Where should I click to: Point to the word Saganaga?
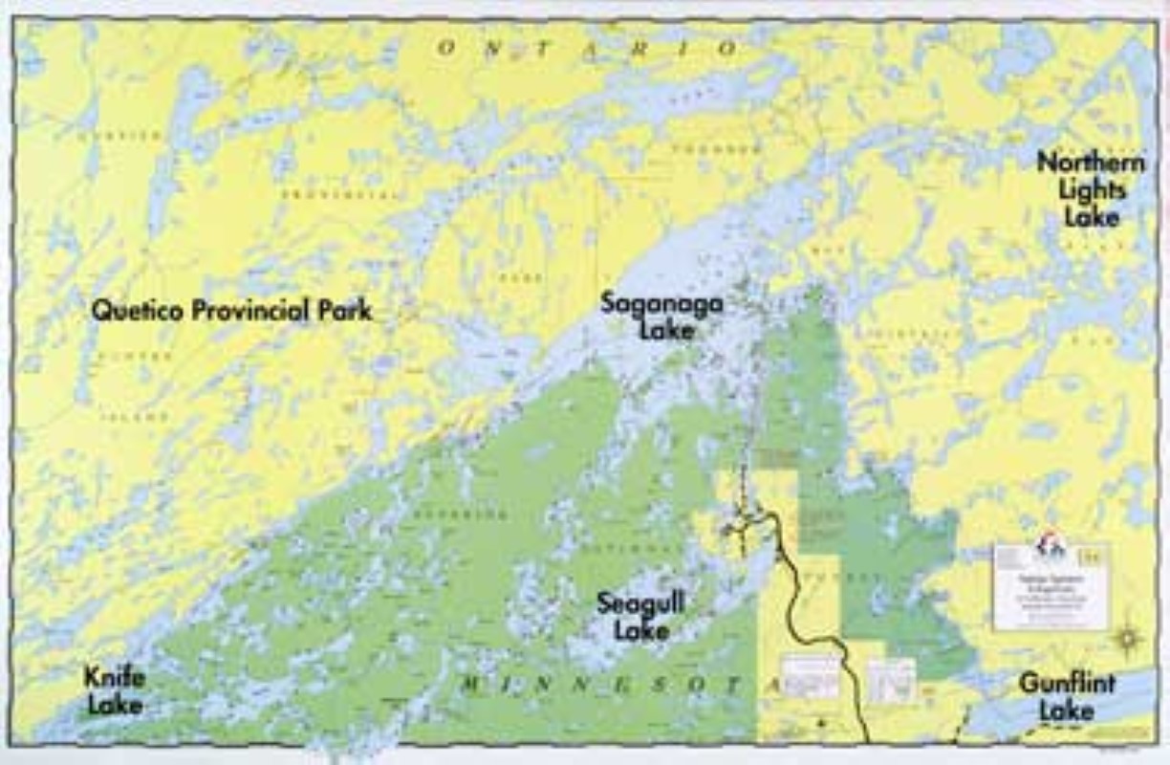coord(661,304)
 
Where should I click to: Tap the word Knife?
coord(115,679)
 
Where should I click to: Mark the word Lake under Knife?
coord(115,706)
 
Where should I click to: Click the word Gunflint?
coord(1067,684)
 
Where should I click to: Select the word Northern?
coord(1091,162)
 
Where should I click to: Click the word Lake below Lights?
coord(1092,216)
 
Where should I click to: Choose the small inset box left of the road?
coord(810,676)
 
